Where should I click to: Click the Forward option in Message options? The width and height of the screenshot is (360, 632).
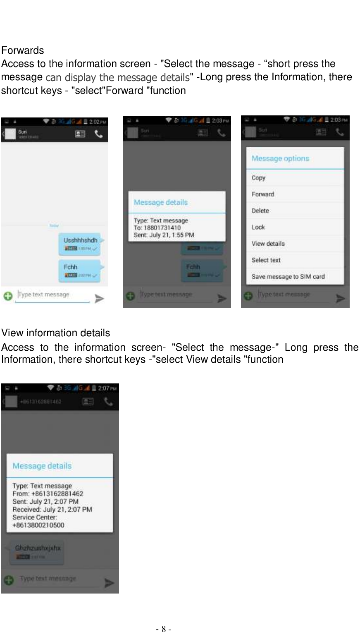click(x=263, y=194)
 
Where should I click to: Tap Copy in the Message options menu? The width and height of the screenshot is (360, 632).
click(x=258, y=178)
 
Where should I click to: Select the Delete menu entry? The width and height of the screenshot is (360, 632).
click(x=260, y=211)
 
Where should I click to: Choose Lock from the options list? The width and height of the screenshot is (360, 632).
click(x=258, y=227)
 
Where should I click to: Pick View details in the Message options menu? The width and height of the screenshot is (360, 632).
click(x=268, y=244)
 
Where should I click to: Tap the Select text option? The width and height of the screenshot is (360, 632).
click(x=266, y=260)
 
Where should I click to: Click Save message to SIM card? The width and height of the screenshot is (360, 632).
click(x=288, y=277)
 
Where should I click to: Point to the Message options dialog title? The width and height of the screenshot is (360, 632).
click(x=280, y=158)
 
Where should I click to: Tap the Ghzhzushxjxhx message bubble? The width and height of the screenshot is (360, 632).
click(x=38, y=551)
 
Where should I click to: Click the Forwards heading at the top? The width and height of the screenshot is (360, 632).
click(x=22, y=50)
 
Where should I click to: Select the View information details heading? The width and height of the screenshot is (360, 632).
click(x=56, y=333)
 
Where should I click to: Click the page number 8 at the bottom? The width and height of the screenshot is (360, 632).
click(x=164, y=629)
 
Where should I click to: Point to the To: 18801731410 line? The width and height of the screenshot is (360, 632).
click(x=157, y=227)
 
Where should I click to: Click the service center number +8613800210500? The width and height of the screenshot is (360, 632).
click(x=38, y=525)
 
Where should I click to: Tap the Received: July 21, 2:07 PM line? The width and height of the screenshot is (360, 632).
click(x=52, y=510)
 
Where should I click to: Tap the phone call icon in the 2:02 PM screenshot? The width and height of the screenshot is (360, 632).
click(x=99, y=134)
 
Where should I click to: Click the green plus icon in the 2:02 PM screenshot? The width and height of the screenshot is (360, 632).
click(x=7, y=296)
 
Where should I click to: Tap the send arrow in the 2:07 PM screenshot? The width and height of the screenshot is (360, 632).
click(x=109, y=583)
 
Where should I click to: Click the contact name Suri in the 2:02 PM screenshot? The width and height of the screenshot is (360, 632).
click(x=22, y=132)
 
